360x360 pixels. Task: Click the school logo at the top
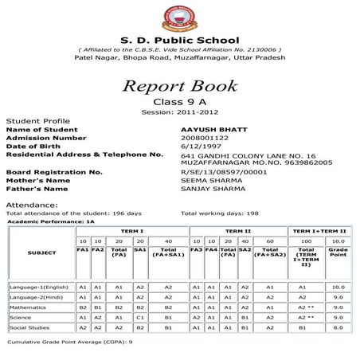click(x=178, y=17)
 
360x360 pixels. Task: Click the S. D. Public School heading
click(x=178, y=39)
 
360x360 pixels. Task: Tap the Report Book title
click(x=178, y=86)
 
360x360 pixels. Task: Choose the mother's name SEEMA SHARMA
click(x=209, y=180)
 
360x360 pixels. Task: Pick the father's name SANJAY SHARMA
click(x=211, y=189)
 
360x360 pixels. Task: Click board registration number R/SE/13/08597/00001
click(x=225, y=171)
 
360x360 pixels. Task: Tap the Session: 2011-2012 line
click(x=178, y=112)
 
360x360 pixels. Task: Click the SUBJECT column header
click(x=41, y=253)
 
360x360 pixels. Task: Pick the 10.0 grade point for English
click(x=338, y=286)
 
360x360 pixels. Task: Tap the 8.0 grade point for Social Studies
click(x=338, y=327)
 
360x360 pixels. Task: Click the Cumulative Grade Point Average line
click(x=69, y=342)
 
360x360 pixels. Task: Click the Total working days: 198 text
click(x=220, y=213)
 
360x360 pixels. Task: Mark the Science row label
click(x=22, y=316)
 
